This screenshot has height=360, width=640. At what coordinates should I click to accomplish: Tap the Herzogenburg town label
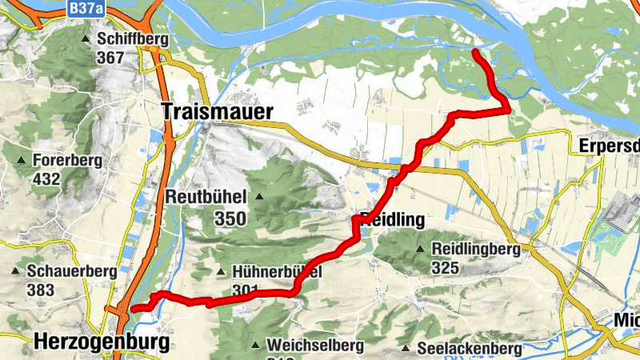point(102,342)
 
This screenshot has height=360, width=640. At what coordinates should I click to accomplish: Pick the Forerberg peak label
point(67,161)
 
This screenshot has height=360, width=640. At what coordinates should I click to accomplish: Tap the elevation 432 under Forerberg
point(47,178)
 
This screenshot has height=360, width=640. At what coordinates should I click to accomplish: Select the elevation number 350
point(230,217)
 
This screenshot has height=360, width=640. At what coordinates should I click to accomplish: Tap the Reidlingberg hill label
point(475,250)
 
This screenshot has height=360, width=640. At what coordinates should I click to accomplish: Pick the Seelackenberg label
point(470,349)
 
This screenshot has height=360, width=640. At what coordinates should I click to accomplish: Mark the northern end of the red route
point(475,52)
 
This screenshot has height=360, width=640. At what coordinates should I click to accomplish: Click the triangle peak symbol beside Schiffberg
point(86,39)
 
